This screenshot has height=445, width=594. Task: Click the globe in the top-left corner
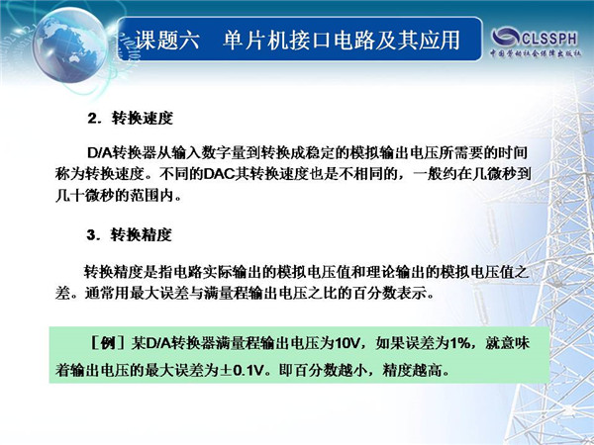point(69,45)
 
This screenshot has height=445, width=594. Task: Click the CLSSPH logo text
point(549,38)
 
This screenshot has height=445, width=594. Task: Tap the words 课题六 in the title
point(166,40)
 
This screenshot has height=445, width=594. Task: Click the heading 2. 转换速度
point(131,118)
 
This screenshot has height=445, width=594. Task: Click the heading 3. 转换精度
point(130,235)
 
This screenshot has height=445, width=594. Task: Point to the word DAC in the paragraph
point(219,174)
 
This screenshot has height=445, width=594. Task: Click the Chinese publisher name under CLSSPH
point(536,53)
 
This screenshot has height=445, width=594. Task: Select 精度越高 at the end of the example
point(412,370)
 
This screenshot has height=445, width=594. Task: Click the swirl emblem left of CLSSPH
point(506,38)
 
